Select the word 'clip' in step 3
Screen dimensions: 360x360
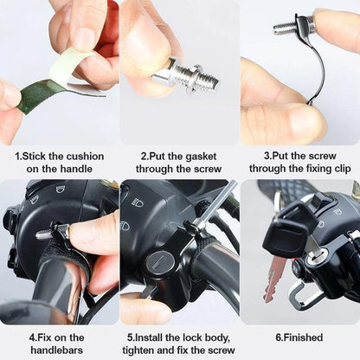click(x=332, y=169)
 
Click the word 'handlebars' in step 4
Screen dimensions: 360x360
click(x=60, y=349)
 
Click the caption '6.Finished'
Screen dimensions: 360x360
click(x=299, y=337)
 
